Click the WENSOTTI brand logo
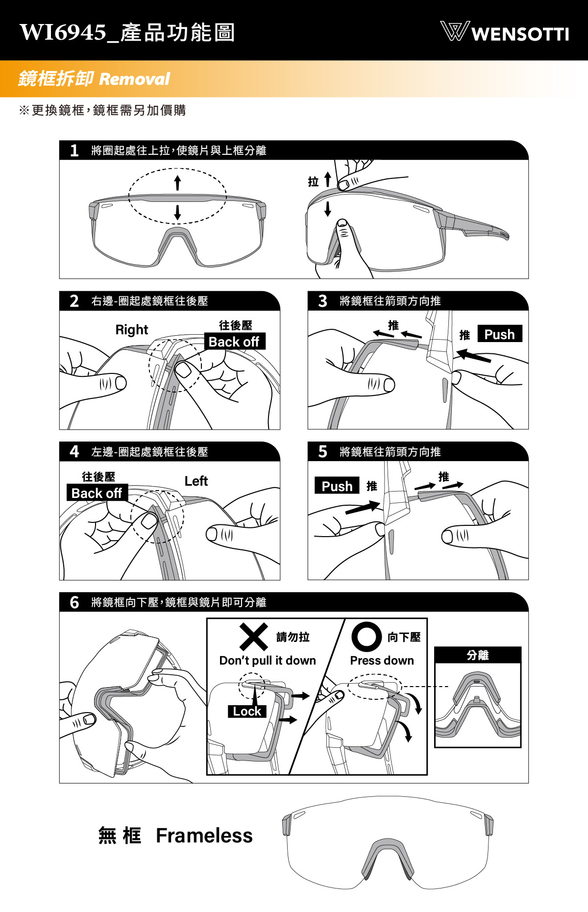[504, 32]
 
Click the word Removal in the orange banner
[134, 79]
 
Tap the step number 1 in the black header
[74, 150]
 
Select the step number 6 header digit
[74, 602]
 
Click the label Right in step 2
[132, 330]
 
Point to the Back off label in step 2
[234, 342]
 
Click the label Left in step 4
[196, 481]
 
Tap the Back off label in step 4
[97, 493]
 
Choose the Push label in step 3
[500, 334]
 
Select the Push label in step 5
[337, 486]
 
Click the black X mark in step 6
[254, 637]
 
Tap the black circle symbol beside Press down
[367, 637]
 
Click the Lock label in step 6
[247, 711]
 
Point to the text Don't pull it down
[268, 661]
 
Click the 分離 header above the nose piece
[478, 655]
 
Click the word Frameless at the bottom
[204, 836]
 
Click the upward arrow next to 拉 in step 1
[328, 179]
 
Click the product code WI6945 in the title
[63, 32]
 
